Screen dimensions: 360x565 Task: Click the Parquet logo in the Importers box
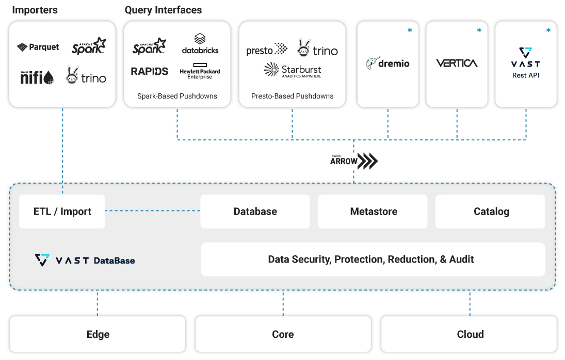pos(38,47)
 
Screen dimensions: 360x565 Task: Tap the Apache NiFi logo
pos(37,77)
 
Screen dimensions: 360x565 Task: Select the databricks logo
pos(200,44)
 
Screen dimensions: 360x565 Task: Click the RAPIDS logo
pos(150,71)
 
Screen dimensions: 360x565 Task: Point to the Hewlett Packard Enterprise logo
pos(200,73)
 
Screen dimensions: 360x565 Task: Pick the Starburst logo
pos(292,70)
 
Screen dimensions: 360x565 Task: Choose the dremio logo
pos(388,63)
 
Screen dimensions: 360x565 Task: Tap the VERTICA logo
pos(457,63)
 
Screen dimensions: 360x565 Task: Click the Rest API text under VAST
pos(526,75)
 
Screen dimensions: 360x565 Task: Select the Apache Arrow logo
pos(354,161)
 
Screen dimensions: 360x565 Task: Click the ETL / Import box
pos(62,211)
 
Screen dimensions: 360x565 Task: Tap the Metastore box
pos(373,211)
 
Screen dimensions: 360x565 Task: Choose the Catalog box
pos(491,211)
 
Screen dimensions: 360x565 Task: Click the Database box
pos(255,211)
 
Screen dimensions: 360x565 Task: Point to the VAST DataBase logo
pos(85,260)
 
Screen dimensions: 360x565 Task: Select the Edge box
pos(98,334)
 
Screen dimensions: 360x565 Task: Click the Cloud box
pos(470,334)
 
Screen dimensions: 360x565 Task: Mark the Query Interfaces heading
pos(163,10)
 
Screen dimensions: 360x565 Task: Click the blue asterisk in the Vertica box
pos(479,31)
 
